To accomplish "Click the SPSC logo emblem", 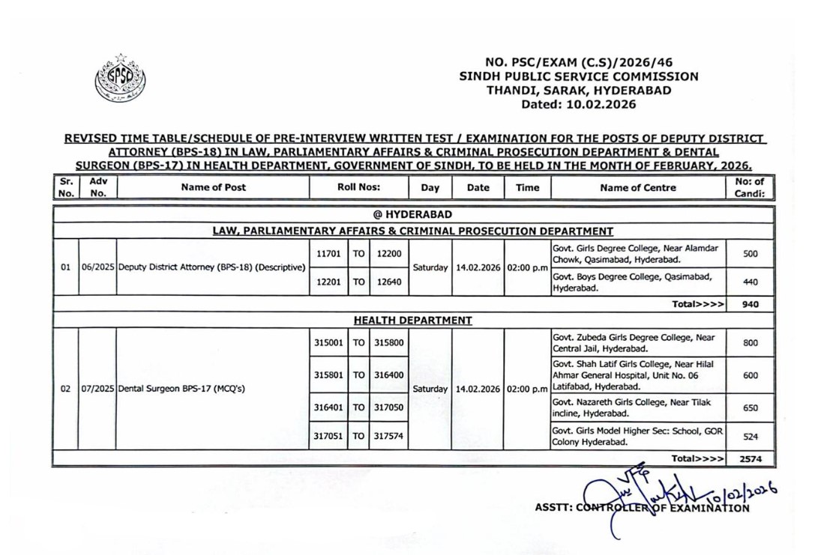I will click(121, 79).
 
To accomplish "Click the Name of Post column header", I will click(213, 188).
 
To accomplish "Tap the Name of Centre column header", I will click(637, 188).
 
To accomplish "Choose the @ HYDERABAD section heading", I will click(412, 216).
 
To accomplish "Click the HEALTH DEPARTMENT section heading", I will click(412, 321).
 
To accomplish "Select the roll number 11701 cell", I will click(328, 254).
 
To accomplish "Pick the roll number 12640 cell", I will click(388, 282).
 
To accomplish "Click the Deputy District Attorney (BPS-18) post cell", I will click(212, 267).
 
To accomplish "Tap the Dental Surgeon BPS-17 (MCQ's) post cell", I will click(182, 389).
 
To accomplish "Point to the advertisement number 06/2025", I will click(97, 267).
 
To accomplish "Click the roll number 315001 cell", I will click(328, 342).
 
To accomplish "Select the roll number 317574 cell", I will click(388, 436).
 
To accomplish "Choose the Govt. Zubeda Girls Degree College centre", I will click(637, 342).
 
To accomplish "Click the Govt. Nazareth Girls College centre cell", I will click(637, 407).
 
